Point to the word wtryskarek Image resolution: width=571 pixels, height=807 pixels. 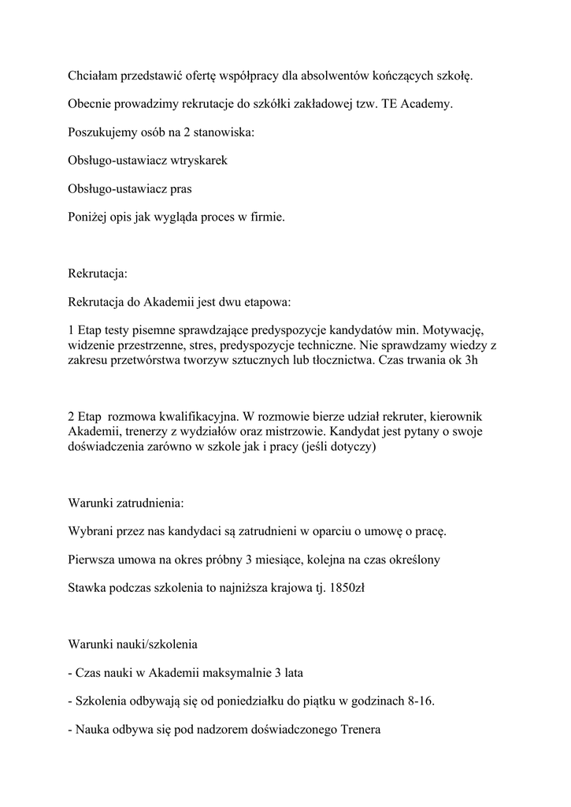[x=199, y=161]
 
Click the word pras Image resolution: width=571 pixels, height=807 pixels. [x=180, y=189]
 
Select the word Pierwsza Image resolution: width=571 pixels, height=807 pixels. [x=94, y=560]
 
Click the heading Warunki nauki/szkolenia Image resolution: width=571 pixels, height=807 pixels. [x=132, y=645]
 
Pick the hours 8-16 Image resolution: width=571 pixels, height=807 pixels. [x=418, y=701]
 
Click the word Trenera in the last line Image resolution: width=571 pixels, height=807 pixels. [x=360, y=730]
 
